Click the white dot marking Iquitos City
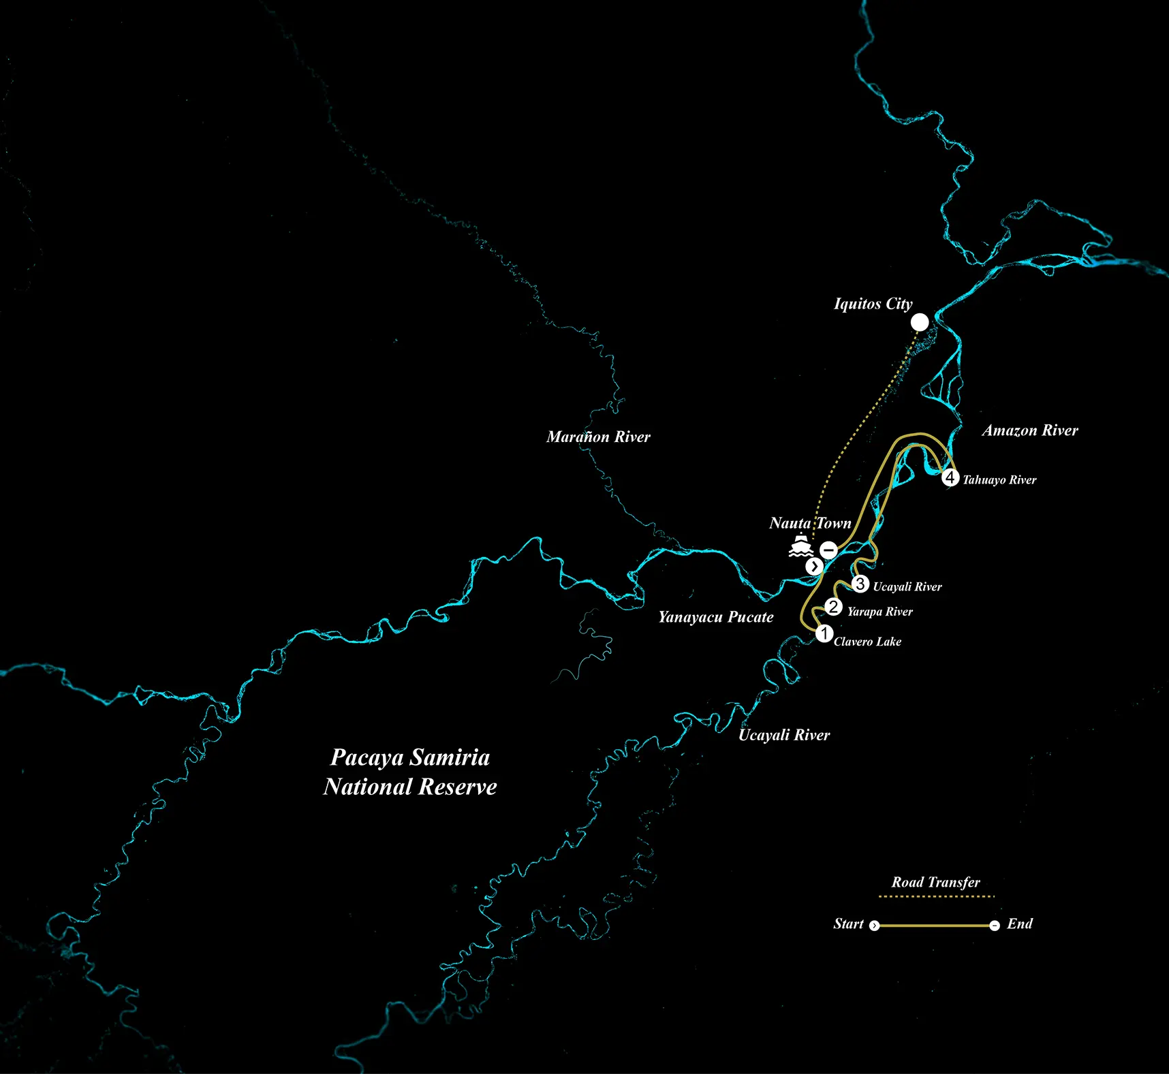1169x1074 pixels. coord(920,322)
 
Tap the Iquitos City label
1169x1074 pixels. coord(873,304)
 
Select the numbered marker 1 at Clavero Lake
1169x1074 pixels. coord(824,633)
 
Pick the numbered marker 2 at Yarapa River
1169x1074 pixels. coord(833,607)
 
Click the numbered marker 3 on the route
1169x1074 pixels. coord(860,584)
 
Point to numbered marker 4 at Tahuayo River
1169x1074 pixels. coord(950,477)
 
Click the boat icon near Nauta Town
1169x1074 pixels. coord(801,546)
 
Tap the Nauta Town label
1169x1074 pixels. coord(810,523)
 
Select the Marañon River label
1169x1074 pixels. coord(598,437)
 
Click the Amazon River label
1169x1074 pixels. coord(1030,430)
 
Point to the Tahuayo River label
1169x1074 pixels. coord(999,480)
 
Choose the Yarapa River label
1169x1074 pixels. coord(879,612)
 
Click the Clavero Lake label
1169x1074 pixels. coord(867,642)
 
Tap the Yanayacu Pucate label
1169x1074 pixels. coord(716,617)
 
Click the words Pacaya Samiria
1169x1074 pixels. coord(410,757)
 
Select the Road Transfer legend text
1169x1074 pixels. coord(935,882)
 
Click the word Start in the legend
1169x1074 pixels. coord(848,923)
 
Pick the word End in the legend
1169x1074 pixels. coord(1020,923)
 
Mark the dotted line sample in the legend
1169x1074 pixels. coord(937,896)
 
